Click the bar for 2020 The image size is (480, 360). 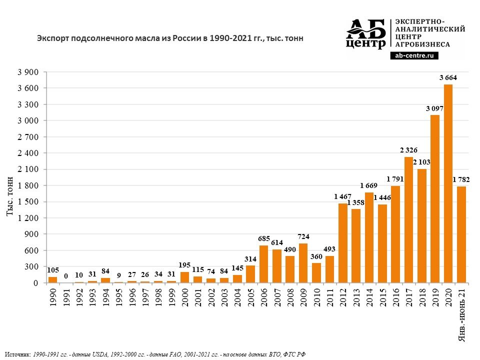coord(448,183)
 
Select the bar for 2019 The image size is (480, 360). coord(435,199)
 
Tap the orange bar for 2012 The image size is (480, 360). coord(342,243)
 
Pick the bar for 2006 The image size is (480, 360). coord(263,264)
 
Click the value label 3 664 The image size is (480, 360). coord(448,77)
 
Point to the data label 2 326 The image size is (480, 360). coord(408,150)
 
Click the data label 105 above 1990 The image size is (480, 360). coord(52,270)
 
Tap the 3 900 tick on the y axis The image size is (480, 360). coord(28,72)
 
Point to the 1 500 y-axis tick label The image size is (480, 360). coord(28,202)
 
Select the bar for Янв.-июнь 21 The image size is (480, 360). coord(461,234)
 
